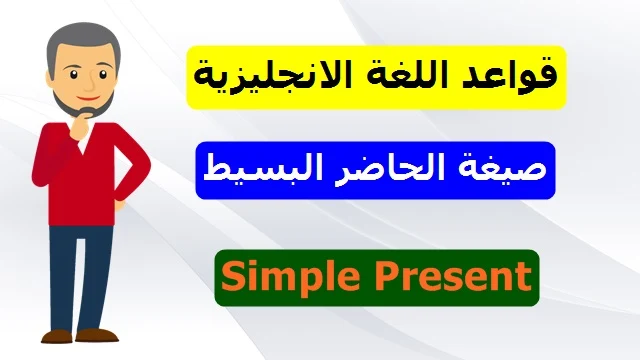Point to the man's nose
pyautogui.click(x=89, y=83)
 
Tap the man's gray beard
pyautogui.click(x=82, y=105)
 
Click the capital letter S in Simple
pyautogui.click(x=233, y=276)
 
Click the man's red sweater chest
pyautogui.click(x=82, y=180)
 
